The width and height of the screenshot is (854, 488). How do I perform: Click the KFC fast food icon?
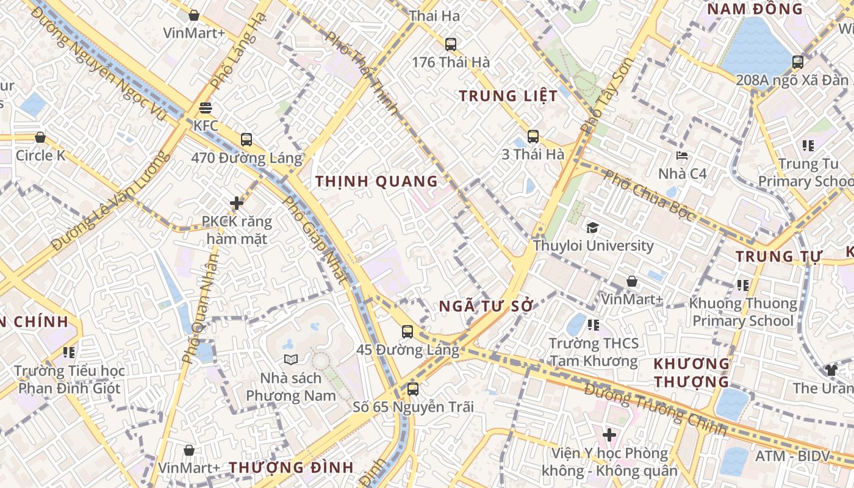click(x=206, y=108)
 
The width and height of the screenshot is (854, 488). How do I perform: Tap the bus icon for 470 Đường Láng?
click(x=246, y=140)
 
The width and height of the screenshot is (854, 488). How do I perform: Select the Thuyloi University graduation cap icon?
click(x=592, y=228)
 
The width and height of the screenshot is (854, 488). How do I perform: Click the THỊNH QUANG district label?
click(x=376, y=181)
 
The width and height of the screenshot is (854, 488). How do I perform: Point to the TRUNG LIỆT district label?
click(x=508, y=96)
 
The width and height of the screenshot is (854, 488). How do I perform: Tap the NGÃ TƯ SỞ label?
click(x=486, y=306)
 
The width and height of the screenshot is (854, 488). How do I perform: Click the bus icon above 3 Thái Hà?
click(x=533, y=137)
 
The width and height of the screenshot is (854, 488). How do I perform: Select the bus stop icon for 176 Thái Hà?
click(x=451, y=45)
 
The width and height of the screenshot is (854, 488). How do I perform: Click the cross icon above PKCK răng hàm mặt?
click(x=237, y=203)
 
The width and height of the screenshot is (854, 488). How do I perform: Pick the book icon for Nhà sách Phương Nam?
click(x=290, y=360)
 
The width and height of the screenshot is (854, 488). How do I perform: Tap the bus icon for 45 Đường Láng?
click(x=407, y=332)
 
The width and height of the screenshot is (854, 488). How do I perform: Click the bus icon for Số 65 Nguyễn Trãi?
click(x=413, y=389)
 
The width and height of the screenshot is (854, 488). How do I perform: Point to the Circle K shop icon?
click(x=40, y=138)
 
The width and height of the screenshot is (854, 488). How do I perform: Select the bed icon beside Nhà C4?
click(x=682, y=156)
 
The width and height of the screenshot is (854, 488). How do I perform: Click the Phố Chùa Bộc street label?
click(x=649, y=195)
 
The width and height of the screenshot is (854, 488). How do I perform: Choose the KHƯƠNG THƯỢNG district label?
click(x=691, y=373)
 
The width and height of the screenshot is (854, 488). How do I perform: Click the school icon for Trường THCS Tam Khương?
click(x=594, y=325)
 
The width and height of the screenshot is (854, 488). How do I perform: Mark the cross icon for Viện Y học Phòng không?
click(x=609, y=435)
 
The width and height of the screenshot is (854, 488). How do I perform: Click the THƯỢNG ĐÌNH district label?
click(x=291, y=468)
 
